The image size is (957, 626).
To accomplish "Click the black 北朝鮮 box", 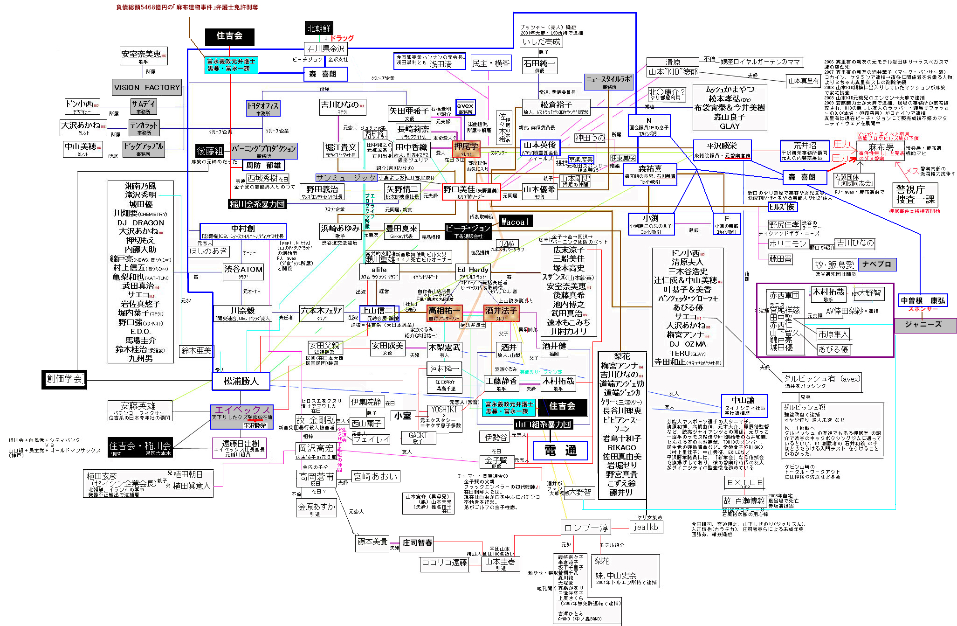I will [319, 28].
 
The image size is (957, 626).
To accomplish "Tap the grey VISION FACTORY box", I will [147, 87].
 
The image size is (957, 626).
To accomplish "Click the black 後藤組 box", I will [210, 151].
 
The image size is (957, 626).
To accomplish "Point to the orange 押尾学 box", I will [466, 149].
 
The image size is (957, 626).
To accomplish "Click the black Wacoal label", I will [515, 222].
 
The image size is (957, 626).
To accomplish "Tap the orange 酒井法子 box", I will [501, 313].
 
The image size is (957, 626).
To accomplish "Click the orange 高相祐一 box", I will [444, 313].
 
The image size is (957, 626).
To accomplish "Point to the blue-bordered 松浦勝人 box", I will [241, 381].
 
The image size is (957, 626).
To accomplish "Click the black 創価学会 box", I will [64, 379].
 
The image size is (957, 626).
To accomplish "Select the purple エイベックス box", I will [242, 412].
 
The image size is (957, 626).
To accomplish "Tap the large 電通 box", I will [560, 450].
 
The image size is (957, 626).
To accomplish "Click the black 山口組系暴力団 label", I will [543, 424].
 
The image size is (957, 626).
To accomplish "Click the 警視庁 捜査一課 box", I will [915, 195].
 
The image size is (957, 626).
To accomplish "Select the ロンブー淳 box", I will [586, 528].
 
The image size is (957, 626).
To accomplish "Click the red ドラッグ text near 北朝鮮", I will [342, 38].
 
